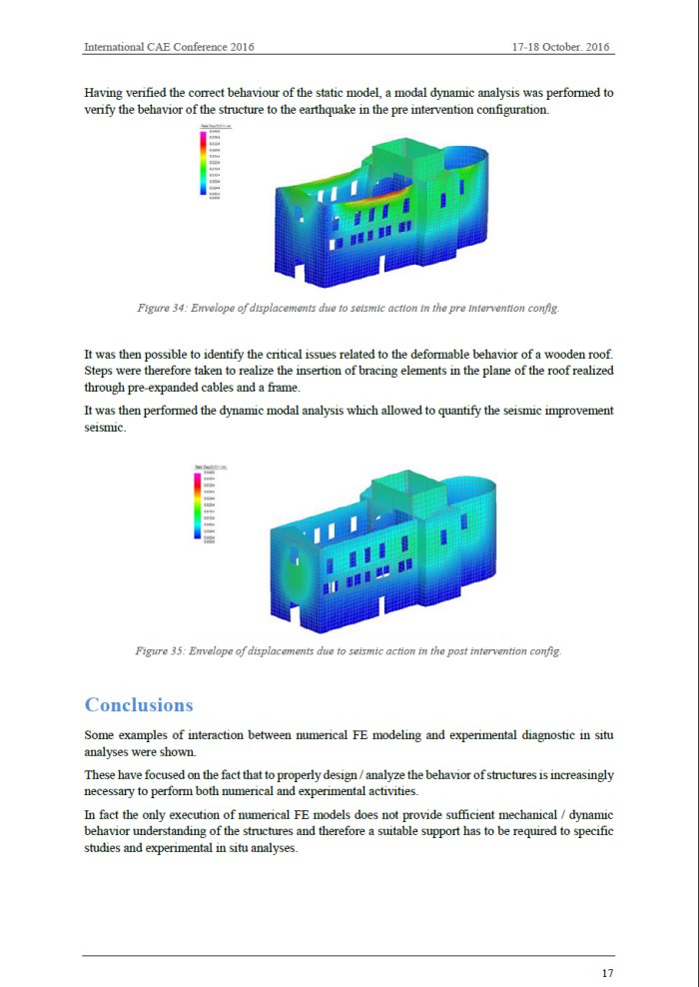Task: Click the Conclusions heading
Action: [x=139, y=705]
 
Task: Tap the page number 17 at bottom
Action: [x=607, y=973]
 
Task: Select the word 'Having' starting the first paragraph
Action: [x=104, y=93]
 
